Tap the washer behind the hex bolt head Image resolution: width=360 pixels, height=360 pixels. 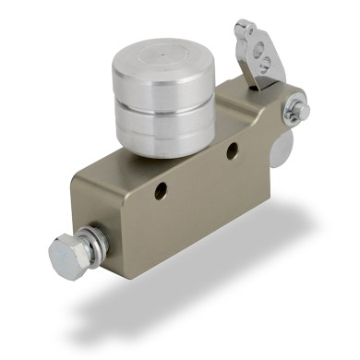pyautogui.click(x=90, y=242)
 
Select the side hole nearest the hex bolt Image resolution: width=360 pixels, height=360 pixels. pyautogui.click(x=162, y=190)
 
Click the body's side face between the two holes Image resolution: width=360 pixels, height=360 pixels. pyautogui.click(x=198, y=175)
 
